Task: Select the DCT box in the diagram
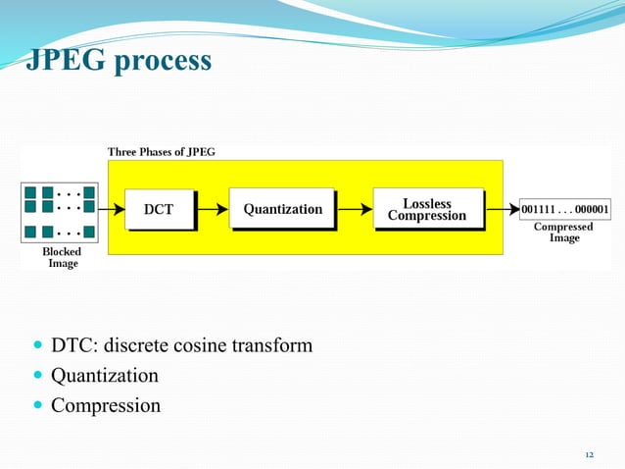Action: pos(159,209)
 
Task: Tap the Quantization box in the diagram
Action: pos(282,209)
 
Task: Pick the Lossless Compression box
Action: pos(428,209)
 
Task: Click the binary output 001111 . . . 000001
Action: pos(565,209)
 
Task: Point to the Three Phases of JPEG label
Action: pos(161,151)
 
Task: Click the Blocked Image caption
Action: pos(62,257)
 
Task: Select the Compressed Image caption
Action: pos(563,233)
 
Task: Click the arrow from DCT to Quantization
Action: pos(213,209)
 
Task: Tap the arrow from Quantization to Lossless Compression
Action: pos(355,209)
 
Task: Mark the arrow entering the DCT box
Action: pos(111,209)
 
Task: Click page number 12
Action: pos(589,455)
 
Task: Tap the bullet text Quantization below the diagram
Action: pos(104,376)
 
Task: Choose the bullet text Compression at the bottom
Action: pos(105,405)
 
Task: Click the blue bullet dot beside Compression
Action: pos(37,405)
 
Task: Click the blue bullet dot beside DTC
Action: pos(37,346)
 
